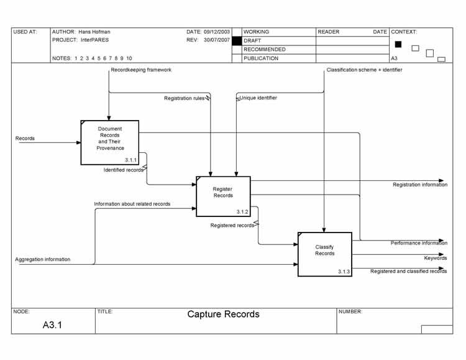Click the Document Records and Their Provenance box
coord(110,142)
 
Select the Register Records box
coord(223,196)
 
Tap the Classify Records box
coord(324,254)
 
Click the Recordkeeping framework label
coord(141,70)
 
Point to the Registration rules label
coord(185,98)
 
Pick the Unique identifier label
coord(258,98)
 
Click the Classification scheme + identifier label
coord(364,70)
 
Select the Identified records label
coord(124,170)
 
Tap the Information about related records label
coord(132,204)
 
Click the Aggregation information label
coord(43,259)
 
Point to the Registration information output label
coord(419,185)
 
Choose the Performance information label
coord(418,243)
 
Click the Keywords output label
coord(435,258)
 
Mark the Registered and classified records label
coord(408,271)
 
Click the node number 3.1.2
coord(242,211)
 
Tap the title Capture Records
coord(224,315)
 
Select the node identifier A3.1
coord(52,325)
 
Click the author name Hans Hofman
coord(94,32)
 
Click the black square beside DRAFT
coord(236,40)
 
